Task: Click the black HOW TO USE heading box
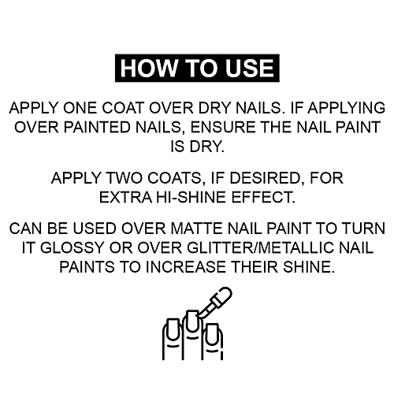click(198, 68)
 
